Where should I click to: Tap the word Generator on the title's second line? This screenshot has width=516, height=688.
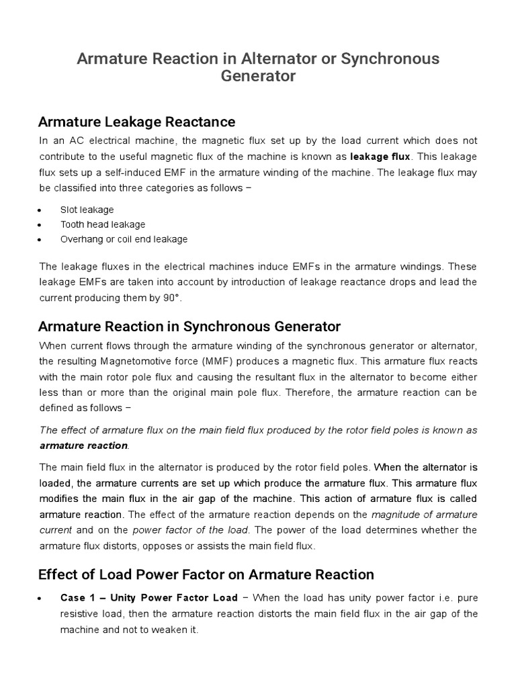pyautogui.click(x=258, y=76)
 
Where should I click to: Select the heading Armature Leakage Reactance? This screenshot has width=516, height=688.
pyautogui.click(x=136, y=122)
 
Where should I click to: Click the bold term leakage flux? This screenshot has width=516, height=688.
pyautogui.click(x=380, y=156)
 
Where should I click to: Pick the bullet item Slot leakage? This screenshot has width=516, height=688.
pyautogui.click(x=87, y=210)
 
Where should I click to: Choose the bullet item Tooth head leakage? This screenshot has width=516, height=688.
pyautogui.click(x=103, y=224)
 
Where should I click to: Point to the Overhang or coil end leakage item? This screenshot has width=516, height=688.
pyautogui.click(x=124, y=239)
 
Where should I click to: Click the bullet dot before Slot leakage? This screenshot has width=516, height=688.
pyautogui.click(x=42, y=210)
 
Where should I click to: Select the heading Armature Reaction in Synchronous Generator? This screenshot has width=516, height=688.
pyautogui.click(x=189, y=327)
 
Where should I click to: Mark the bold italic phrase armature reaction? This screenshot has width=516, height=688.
pyautogui.click(x=83, y=445)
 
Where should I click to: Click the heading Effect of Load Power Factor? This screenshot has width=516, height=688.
pyautogui.click(x=206, y=574)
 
